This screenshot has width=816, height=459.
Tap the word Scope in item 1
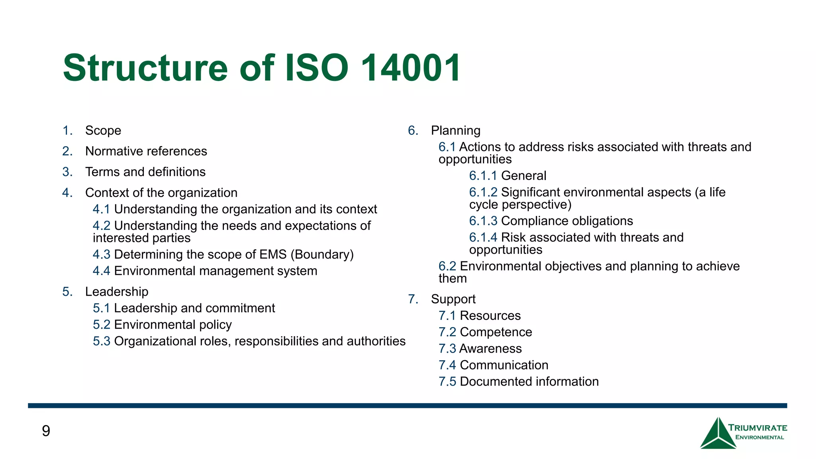(103, 131)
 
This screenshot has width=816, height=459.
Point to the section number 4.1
(101, 209)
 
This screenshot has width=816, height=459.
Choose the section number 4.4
(101, 271)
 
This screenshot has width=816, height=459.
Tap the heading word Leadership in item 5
(117, 292)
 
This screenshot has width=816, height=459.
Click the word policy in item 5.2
(215, 325)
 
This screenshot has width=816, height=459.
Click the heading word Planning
(455, 131)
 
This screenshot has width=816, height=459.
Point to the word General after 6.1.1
(524, 176)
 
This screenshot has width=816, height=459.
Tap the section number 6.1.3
(483, 221)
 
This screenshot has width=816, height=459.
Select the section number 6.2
(447, 266)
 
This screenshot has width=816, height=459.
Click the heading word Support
(453, 299)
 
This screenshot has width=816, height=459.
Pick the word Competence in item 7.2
(496, 332)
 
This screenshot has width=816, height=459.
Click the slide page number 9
(46, 431)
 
